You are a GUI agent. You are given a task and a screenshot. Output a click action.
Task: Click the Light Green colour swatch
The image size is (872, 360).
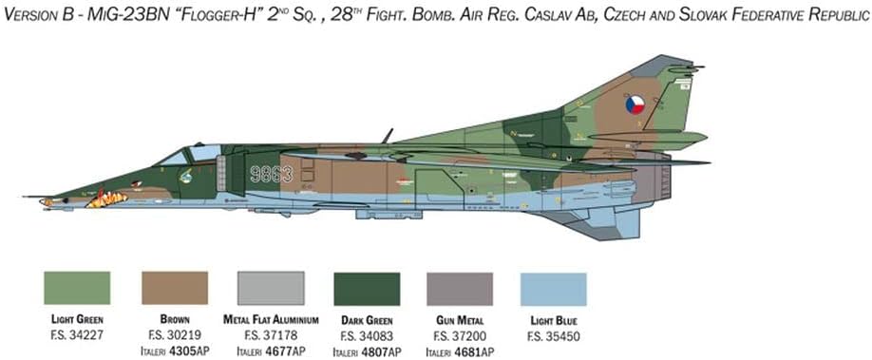point(77,288)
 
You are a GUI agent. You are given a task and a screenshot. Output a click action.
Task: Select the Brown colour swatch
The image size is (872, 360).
point(174,288)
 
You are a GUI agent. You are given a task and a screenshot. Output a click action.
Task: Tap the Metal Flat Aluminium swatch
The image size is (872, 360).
point(270,288)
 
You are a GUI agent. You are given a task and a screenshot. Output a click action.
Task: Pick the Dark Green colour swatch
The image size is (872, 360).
point(366,288)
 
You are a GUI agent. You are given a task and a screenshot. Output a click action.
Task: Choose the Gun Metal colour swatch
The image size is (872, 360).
point(461,288)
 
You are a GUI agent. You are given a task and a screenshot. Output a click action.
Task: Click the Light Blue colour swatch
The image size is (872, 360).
point(554,288)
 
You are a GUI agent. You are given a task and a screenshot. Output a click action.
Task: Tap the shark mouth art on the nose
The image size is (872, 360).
point(106,199)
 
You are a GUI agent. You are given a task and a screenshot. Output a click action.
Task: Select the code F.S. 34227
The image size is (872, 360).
point(77,334)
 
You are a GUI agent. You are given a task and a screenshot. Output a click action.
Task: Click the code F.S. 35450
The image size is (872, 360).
point(554,334)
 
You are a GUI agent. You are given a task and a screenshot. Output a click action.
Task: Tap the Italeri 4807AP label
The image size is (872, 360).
point(366,351)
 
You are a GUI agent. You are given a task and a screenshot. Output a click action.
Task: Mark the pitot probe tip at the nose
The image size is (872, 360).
point(26,198)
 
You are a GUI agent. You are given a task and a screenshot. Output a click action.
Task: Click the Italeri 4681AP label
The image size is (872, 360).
point(461,351)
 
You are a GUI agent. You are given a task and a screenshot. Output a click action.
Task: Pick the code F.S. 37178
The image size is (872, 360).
point(270,334)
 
